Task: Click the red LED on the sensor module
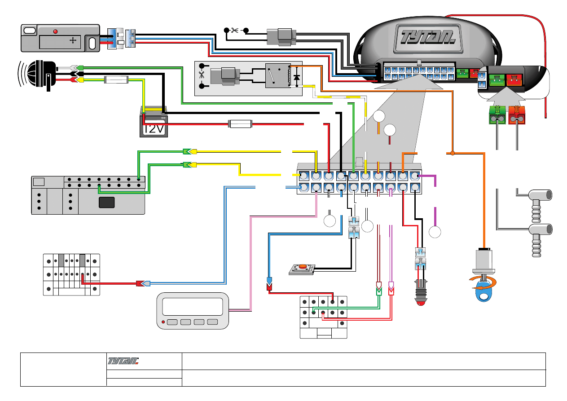tap(56, 31)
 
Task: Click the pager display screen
tap(193, 306)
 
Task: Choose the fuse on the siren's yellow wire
tap(116, 80)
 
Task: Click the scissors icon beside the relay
tap(201, 75)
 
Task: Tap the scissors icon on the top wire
tap(234, 31)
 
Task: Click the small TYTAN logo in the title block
tap(123, 361)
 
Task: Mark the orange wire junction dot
tap(453, 154)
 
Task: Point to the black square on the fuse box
tap(106, 202)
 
